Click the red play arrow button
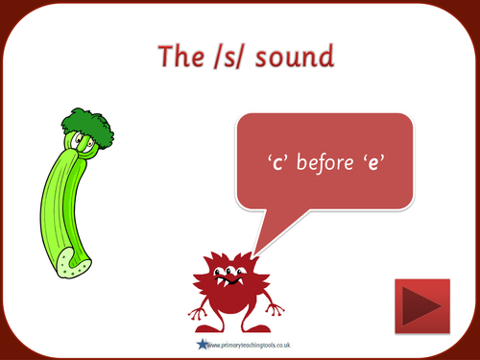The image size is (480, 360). (x=421, y=305)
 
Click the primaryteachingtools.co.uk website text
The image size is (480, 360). (x=252, y=344)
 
